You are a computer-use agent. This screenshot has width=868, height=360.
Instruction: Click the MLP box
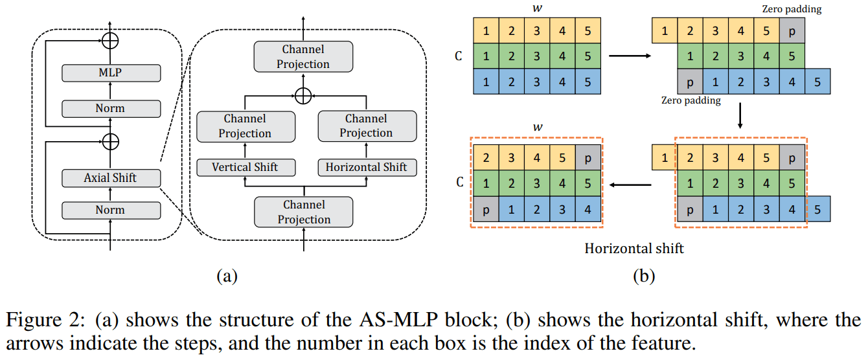(110, 73)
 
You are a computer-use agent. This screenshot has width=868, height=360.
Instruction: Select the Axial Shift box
(110, 177)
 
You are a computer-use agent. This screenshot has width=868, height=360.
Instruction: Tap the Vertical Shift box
(245, 167)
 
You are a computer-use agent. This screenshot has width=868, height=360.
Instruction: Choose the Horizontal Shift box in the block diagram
(366, 167)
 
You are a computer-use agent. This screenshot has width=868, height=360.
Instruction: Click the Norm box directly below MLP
(110, 108)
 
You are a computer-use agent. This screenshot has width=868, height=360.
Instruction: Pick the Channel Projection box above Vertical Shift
(245, 126)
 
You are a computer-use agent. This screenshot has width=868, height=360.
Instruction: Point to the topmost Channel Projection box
(303, 57)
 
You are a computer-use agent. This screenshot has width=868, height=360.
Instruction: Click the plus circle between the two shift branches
(303, 96)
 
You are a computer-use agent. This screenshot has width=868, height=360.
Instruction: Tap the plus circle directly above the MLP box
(111, 40)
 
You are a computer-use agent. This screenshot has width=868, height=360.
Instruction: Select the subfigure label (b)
(644, 276)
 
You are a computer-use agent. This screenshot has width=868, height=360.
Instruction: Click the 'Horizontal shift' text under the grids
(634, 249)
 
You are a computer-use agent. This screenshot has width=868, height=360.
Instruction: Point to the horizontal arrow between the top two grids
(630, 56)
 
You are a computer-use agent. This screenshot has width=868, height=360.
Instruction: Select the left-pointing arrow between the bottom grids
(632, 185)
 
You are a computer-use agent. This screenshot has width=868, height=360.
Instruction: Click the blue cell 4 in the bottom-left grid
(588, 210)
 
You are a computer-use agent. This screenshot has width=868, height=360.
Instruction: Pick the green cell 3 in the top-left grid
(537, 56)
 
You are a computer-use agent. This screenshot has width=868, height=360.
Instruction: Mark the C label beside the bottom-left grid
(459, 183)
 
